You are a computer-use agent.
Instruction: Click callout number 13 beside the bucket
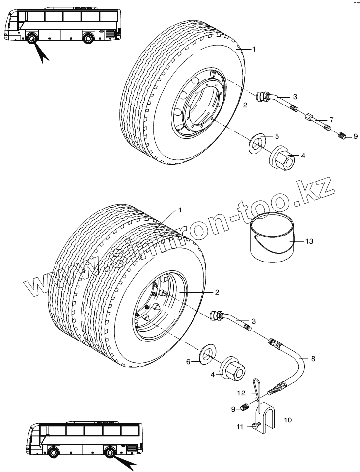coord(308,241)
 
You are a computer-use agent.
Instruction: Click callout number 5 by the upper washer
coord(277,136)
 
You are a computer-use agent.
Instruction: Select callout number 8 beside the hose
coord(313,359)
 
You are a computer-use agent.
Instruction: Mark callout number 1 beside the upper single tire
coord(254,49)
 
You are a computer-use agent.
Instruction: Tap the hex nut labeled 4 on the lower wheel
coord(233,370)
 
